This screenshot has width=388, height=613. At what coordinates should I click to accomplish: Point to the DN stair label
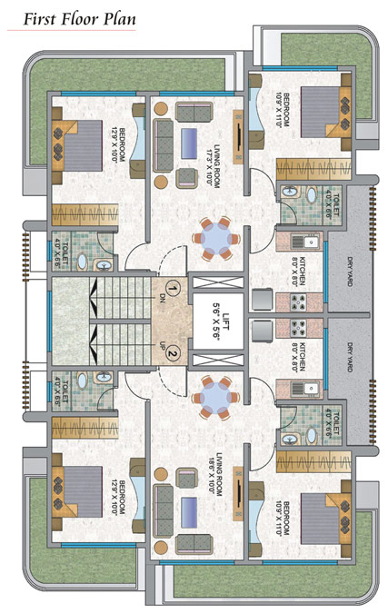(161, 296)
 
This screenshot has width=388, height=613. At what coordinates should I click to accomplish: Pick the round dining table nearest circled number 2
(215, 395)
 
